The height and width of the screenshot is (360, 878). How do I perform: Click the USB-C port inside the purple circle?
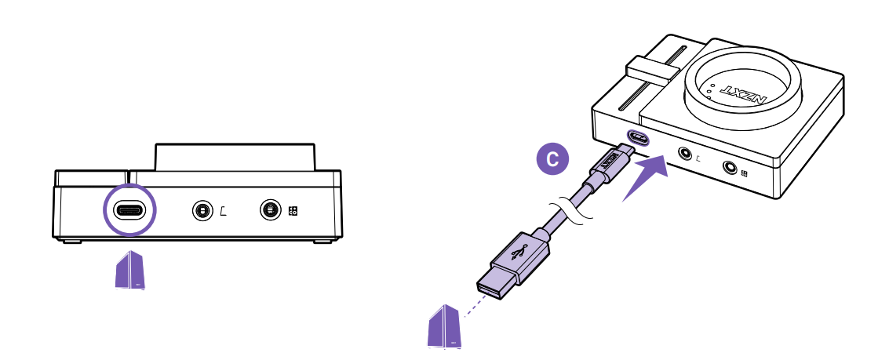pyautogui.click(x=130, y=210)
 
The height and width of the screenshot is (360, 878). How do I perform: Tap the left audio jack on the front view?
pyautogui.click(x=202, y=211)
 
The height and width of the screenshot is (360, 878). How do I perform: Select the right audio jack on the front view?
pyautogui.click(x=270, y=210)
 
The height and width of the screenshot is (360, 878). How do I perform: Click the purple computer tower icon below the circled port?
pyautogui.click(x=130, y=271)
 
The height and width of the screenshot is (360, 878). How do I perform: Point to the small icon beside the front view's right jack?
pyautogui.click(x=293, y=211)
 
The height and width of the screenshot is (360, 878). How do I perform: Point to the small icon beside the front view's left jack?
pyautogui.click(x=223, y=211)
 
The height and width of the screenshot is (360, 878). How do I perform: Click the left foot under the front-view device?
pyautogui.click(x=72, y=241)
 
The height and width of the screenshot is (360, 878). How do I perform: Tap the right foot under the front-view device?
pyautogui.click(x=322, y=241)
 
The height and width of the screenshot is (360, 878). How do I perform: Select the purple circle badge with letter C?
pyautogui.click(x=552, y=159)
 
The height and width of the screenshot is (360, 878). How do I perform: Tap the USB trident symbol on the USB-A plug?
pyautogui.click(x=519, y=253)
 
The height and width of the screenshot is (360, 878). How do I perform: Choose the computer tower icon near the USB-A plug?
pyautogui.click(x=443, y=328)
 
